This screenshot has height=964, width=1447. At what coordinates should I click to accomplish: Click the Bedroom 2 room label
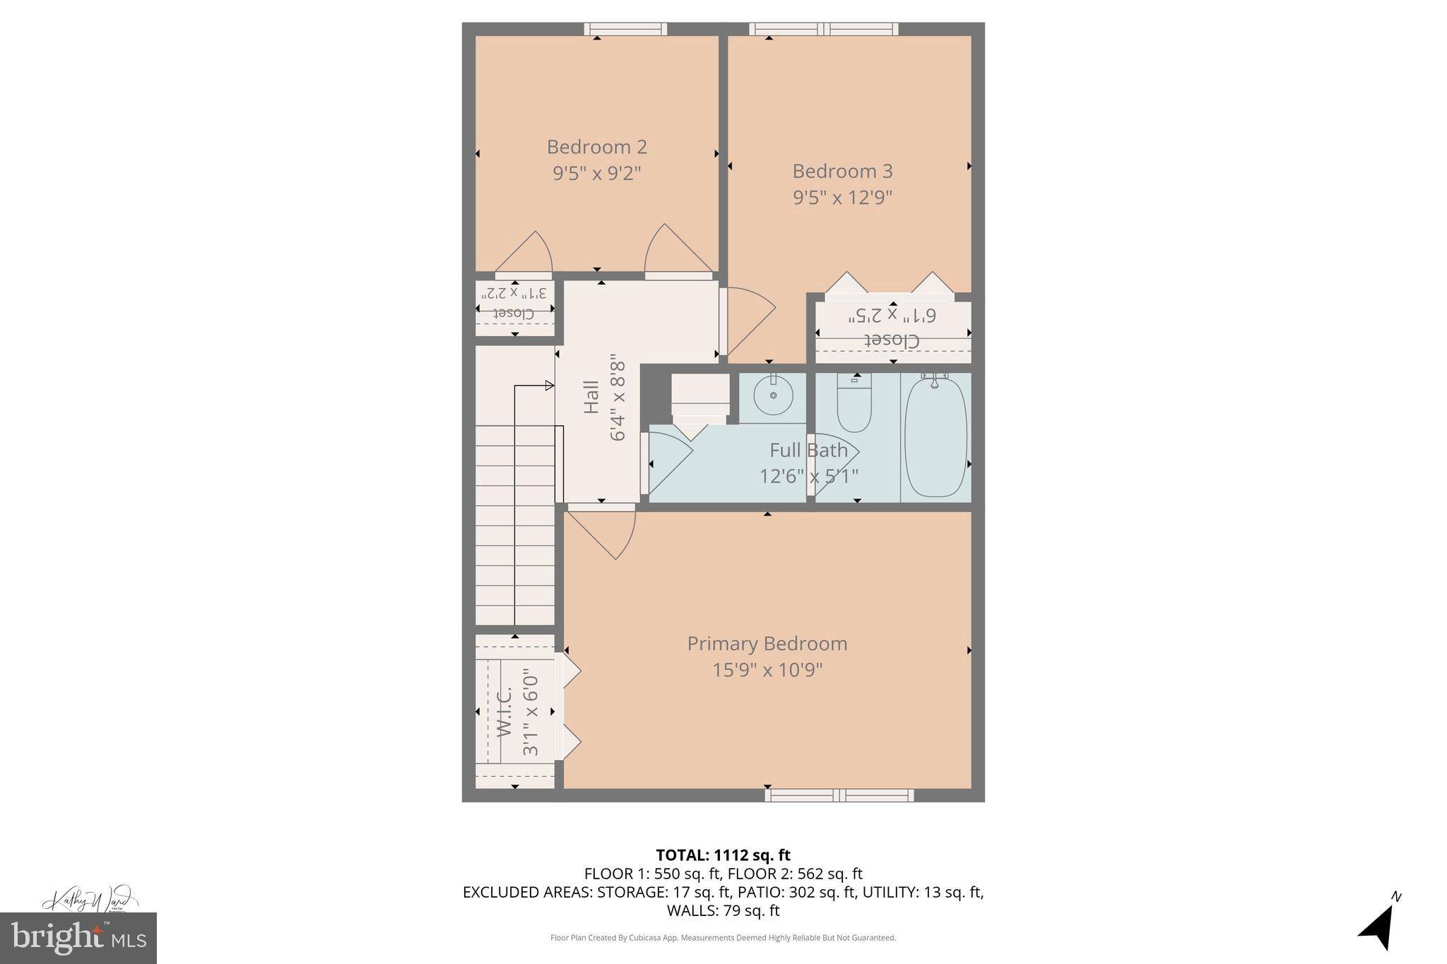click(596, 147)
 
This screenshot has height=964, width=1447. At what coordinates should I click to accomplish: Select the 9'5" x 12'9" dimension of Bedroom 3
click(842, 197)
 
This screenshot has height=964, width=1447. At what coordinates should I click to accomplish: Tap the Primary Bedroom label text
click(767, 643)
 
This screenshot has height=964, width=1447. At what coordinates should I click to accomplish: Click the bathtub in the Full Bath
click(935, 437)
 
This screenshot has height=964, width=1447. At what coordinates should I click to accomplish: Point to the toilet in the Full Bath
click(854, 406)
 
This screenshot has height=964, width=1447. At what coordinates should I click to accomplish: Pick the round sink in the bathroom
click(773, 396)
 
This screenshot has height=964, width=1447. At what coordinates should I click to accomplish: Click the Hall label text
click(591, 397)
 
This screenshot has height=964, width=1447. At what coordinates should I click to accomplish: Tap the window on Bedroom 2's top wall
click(625, 29)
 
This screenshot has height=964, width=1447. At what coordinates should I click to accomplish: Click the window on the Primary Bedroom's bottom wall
click(839, 795)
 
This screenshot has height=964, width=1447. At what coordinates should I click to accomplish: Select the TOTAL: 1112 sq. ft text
click(723, 855)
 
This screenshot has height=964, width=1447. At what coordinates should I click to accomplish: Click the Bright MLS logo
click(78, 938)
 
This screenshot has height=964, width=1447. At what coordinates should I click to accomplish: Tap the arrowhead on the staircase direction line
click(549, 386)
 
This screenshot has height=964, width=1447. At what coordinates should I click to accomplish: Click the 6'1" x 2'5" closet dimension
click(892, 315)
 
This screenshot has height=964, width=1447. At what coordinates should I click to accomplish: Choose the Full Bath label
click(808, 450)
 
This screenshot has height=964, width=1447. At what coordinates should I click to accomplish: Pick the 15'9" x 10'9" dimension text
click(767, 670)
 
